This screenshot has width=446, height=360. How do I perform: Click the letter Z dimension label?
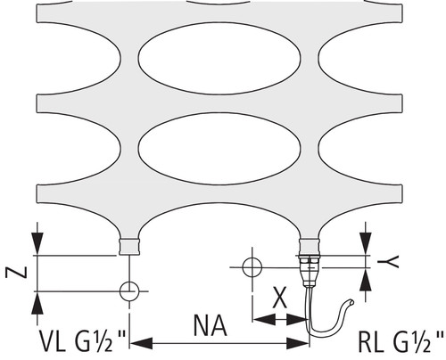point(16,273)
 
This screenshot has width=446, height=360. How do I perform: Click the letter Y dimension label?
point(388,262)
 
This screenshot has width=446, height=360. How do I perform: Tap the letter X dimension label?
point(280,298)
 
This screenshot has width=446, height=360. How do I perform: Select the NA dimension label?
point(211,325)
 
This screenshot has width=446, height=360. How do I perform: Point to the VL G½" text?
point(83,341)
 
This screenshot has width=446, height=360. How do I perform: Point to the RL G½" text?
point(401,341)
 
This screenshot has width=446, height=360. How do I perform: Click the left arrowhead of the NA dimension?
point(142,344)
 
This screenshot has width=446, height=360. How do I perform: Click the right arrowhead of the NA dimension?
point(297,344)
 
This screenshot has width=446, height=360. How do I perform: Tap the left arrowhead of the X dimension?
point(264,320)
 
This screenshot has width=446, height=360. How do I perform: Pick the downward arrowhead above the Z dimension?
point(37,243)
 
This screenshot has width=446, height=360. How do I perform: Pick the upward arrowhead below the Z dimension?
point(37,303)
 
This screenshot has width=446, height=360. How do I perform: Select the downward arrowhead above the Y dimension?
point(366,243)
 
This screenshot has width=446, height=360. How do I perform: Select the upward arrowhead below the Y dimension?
point(366,280)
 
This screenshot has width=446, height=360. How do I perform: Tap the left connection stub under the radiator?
point(129,247)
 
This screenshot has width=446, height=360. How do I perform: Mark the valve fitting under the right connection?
point(310,271)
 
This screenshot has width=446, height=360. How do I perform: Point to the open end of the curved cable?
point(351,302)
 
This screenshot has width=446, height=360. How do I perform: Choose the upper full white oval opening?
point(219,59)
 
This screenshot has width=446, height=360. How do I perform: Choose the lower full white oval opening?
point(219,149)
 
